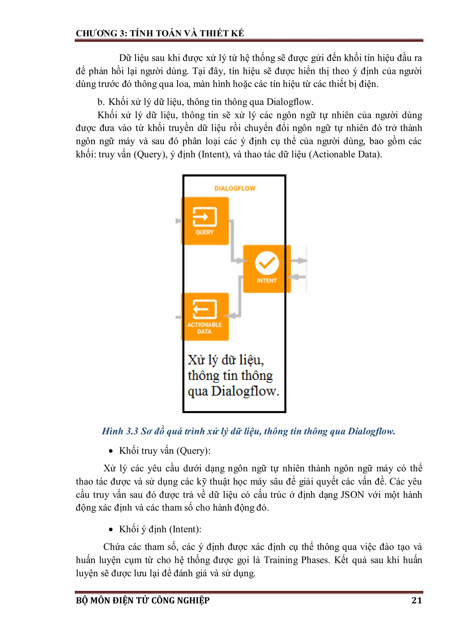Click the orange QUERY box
pos(205,221)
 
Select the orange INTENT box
pos(267,269)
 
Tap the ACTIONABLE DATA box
pos(205,317)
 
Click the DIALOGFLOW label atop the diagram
pos(235,188)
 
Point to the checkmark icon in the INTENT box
pos(267,263)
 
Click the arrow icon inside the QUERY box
pos(204,216)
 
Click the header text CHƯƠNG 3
pos(101,33)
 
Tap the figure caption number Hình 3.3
pos(120,431)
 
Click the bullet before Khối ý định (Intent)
pos(111,530)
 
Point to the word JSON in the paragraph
pos(352,495)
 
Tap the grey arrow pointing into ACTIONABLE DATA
pos(232,316)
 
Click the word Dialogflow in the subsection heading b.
pos(289,102)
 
